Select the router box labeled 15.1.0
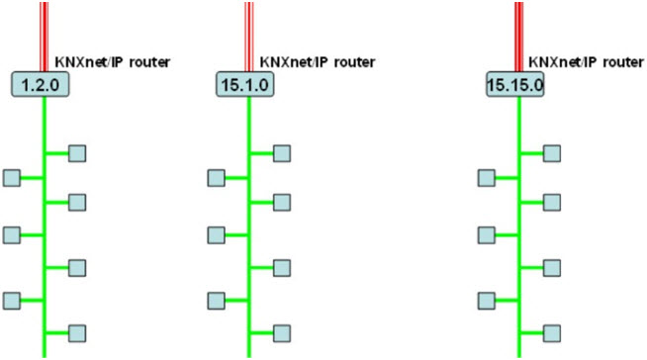point(244,84)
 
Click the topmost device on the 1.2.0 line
point(76,152)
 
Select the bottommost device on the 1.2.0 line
point(76,331)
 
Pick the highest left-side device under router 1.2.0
point(12,177)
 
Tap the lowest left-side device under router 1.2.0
point(12,299)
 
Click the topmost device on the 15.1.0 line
point(282,152)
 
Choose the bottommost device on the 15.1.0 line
point(282,331)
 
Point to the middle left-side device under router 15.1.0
point(217,234)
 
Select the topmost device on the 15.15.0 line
point(553,152)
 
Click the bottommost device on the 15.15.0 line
point(553,331)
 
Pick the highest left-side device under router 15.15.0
point(487,177)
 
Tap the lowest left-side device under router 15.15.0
point(487,299)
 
